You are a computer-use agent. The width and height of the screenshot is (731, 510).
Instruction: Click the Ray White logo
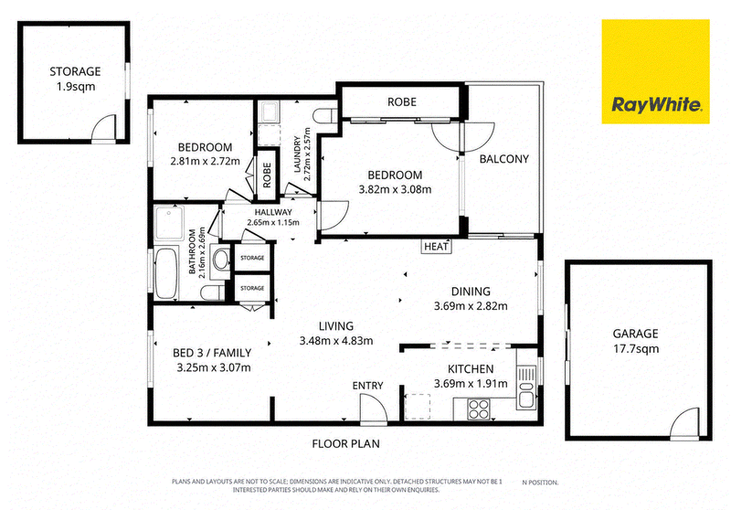coord(655,71)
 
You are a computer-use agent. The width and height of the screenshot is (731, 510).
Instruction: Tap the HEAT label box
coord(437,247)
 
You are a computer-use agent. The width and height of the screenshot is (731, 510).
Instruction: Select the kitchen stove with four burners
coord(478,409)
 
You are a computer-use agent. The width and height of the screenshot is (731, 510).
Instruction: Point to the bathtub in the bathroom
coord(166,273)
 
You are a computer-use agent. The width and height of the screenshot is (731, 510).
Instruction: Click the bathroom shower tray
coord(169,223)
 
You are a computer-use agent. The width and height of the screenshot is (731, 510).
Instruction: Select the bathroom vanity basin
coord(221,260)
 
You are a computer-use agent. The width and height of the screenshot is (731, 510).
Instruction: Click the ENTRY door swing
coord(374,409)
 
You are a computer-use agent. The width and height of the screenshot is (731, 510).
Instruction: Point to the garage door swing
coord(684,423)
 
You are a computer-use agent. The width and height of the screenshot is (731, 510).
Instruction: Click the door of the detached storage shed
coord(103,128)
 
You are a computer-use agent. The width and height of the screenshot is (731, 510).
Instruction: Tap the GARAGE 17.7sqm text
coord(635,341)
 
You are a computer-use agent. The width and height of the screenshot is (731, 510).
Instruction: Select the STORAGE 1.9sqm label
coord(75,79)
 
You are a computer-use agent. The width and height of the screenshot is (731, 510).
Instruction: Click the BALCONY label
coord(504,159)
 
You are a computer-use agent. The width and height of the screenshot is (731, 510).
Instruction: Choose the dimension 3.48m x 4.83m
coord(336,341)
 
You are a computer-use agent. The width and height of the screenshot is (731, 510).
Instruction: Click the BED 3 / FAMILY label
coord(212,353)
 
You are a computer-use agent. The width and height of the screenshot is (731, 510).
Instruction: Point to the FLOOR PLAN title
coord(346,444)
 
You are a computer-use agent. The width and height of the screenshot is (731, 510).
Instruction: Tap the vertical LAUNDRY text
coord(297,154)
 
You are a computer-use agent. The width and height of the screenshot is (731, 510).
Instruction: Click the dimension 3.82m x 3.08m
coord(395,190)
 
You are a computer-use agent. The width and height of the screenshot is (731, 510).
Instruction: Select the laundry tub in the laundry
coord(269,112)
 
